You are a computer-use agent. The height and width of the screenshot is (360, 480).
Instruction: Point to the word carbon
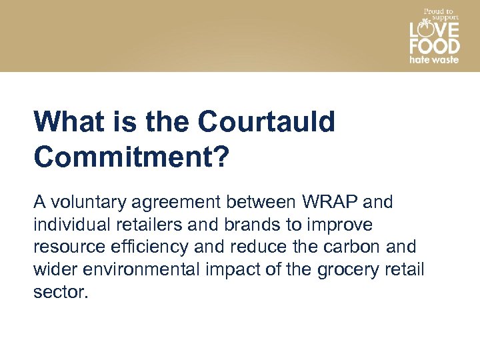click(351, 247)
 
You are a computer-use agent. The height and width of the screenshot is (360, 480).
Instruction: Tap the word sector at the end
click(60, 292)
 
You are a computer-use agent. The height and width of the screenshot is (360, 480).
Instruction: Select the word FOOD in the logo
click(434, 47)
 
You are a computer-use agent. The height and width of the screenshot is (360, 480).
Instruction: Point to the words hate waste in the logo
click(434, 59)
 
